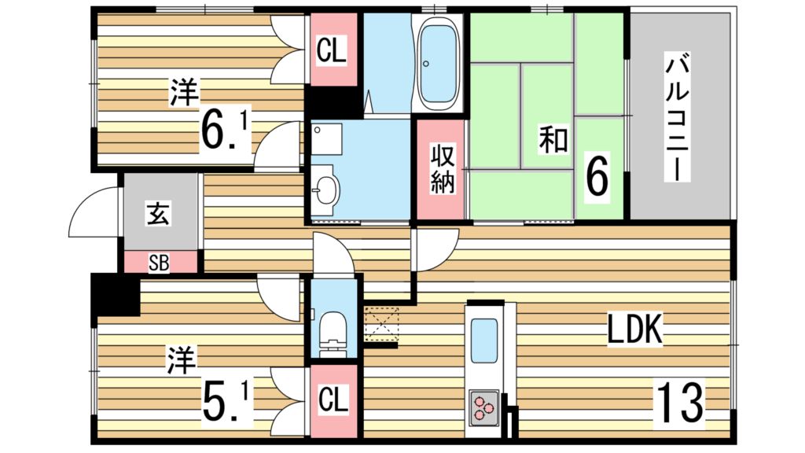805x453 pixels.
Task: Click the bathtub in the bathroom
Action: tap(438, 64)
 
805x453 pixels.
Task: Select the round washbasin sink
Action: tap(325, 190)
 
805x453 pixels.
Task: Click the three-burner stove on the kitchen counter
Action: tap(483, 408)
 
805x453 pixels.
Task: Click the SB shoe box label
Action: tap(159, 263)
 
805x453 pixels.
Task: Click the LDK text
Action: tap(635, 329)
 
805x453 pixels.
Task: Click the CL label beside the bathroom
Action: tap(331, 50)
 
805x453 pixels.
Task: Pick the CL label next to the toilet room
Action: tap(333, 399)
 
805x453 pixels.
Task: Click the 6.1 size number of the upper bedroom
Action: tap(225, 131)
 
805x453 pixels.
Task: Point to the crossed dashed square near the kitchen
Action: tap(381, 325)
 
